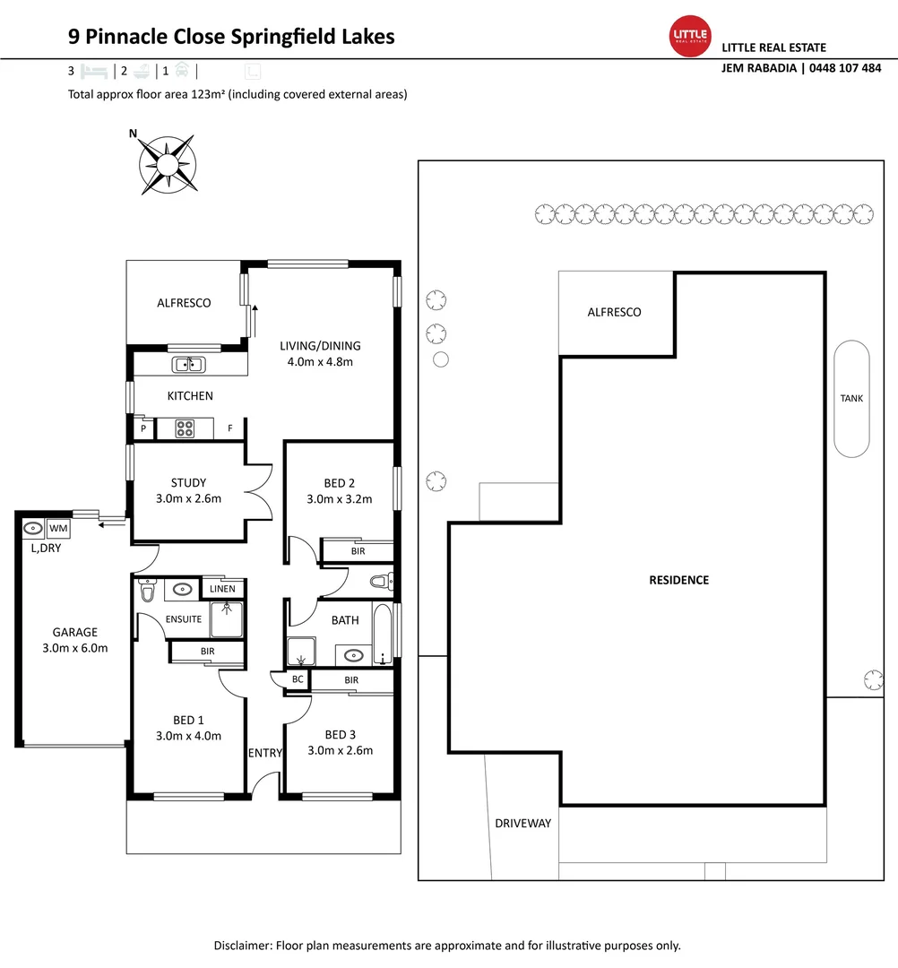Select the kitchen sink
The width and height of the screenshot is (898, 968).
(x=189, y=364)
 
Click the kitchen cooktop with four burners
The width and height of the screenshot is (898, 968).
(x=186, y=428)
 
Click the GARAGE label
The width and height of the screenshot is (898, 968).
(x=74, y=632)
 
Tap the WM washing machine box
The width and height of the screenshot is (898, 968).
(x=58, y=528)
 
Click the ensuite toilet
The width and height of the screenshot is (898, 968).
(x=148, y=591)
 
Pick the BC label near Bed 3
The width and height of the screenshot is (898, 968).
(x=296, y=680)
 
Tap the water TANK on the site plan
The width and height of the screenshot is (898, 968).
(x=851, y=398)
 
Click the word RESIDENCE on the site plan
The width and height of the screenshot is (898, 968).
(x=678, y=580)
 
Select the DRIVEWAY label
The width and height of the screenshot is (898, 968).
(x=522, y=823)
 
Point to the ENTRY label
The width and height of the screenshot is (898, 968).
(x=264, y=753)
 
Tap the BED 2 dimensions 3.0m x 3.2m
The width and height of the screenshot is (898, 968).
(x=340, y=499)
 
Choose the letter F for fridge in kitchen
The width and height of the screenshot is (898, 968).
(x=230, y=428)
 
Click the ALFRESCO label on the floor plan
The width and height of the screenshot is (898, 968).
(x=184, y=303)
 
